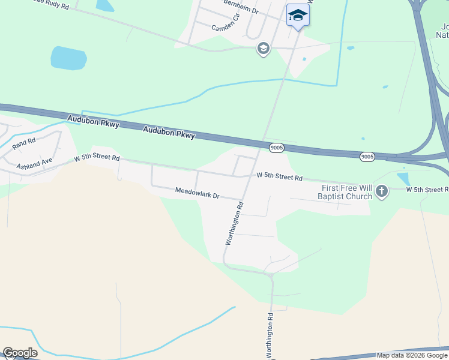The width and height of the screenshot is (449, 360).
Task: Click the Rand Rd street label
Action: pos(25,143)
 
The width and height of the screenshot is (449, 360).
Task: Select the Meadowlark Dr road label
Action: pos(197,193)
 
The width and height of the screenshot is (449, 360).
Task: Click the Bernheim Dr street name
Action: pos(241,7)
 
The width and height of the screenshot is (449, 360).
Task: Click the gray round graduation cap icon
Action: pos(263,49)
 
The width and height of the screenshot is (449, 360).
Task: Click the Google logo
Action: pos(20,353)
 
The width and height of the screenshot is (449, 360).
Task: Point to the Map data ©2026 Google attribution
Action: pos(412,355)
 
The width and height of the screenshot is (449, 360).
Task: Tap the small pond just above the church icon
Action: pos(403,178)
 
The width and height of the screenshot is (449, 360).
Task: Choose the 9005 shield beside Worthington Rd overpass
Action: pos(276,148)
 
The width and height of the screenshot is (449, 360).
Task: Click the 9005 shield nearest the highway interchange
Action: pos(368,157)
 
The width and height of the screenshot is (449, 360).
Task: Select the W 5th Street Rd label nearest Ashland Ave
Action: pos(97,158)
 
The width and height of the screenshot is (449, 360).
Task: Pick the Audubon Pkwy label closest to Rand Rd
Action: pos(94,122)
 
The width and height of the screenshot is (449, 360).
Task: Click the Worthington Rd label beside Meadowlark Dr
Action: pos(235,223)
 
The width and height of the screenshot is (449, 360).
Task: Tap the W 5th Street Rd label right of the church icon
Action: pos(427,190)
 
